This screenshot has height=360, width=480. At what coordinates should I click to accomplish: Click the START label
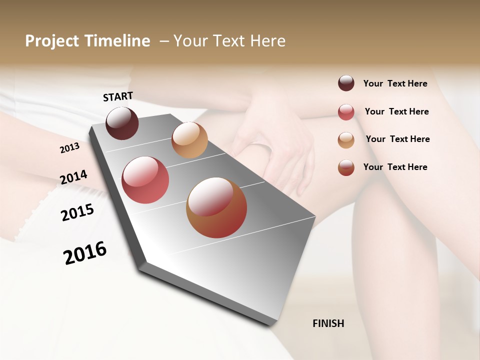point(118,96)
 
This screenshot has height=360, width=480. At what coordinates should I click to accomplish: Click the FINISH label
point(328,323)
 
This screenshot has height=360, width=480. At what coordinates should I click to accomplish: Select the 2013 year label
point(69,147)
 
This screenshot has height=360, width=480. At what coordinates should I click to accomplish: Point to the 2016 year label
point(85,253)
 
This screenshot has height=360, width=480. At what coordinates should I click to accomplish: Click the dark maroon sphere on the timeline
point(122,123)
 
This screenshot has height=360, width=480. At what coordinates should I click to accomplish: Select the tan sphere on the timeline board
point(189,140)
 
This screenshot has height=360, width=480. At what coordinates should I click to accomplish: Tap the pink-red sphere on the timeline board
point(145,180)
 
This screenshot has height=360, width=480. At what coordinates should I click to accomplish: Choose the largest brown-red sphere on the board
point(216,207)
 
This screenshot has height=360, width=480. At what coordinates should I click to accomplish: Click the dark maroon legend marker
point(346,83)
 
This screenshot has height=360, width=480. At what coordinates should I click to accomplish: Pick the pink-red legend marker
point(346,112)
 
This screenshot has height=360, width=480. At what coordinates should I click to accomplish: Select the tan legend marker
point(346,140)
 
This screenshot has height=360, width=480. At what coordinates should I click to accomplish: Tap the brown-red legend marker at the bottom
point(346,167)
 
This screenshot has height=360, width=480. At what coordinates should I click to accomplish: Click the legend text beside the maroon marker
point(395,83)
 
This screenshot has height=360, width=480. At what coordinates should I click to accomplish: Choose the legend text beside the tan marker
point(397,139)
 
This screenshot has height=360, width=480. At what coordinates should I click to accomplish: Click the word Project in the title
point(52,41)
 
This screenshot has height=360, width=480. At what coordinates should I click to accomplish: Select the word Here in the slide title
point(268,41)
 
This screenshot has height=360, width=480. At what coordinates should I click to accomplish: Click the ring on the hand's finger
point(260,145)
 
